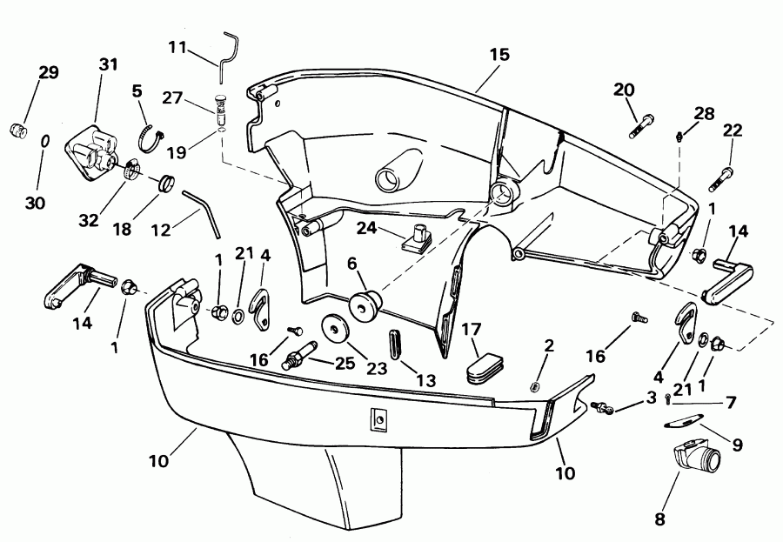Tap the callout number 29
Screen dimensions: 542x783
click(x=49, y=72)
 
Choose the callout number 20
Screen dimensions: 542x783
click(x=625, y=89)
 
